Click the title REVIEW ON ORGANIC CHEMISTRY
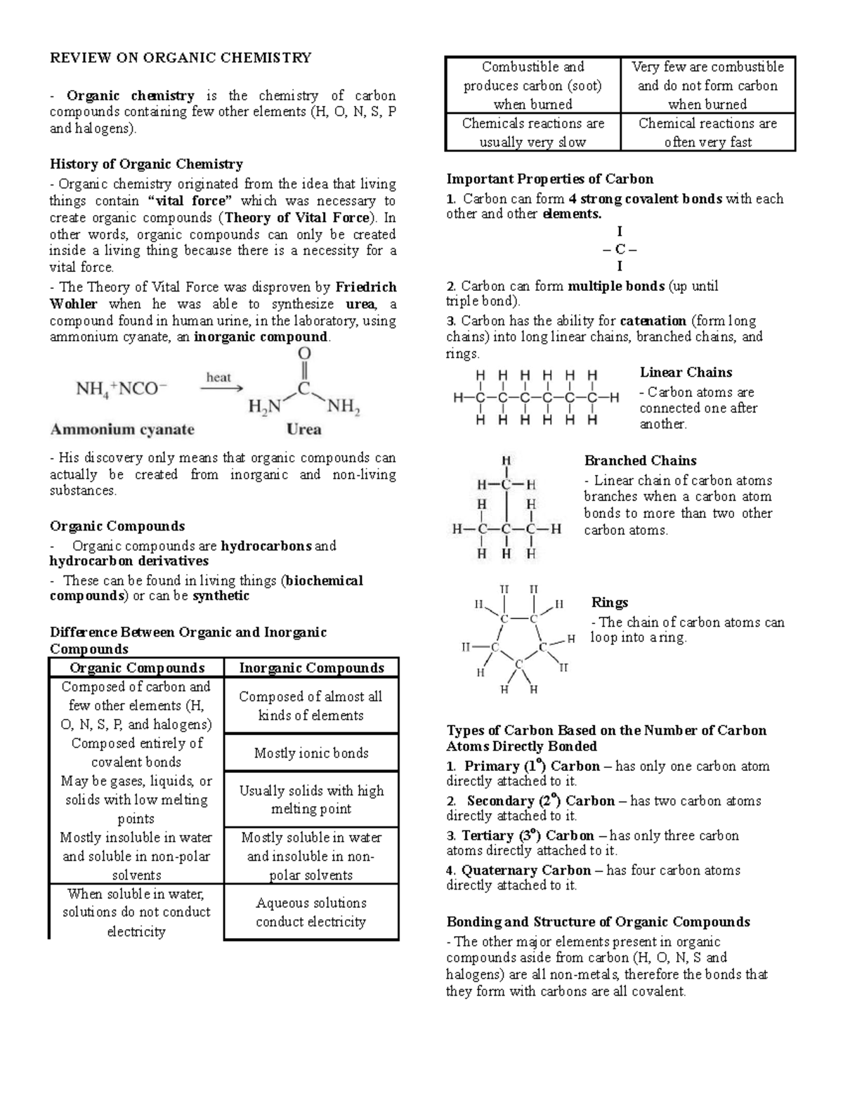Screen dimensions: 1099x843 coord(181,58)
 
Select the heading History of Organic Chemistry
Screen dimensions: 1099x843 coord(146,164)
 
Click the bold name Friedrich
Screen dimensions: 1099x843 coord(365,287)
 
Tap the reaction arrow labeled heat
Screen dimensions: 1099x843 coord(221,387)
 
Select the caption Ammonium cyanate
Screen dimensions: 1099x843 coord(122,429)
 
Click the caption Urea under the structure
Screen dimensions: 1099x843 coord(304,429)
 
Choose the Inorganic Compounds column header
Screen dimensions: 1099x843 coord(311,668)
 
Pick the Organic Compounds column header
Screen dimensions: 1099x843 coord(137,668)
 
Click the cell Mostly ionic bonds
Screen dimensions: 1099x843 coord(311,753)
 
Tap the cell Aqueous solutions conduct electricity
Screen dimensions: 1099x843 coord(311,912)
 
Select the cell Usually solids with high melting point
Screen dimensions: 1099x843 coord(311,800)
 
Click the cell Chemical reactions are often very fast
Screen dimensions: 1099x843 coord(707,133)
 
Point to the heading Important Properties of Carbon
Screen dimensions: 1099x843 coord(549,178)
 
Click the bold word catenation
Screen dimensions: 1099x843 coord(653,321)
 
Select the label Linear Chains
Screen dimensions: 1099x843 coord(686,372)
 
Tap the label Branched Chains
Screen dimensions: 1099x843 coord(640,461)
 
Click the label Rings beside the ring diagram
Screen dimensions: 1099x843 coord(609,603)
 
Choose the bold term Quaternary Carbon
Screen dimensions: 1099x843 coord(526,871)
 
